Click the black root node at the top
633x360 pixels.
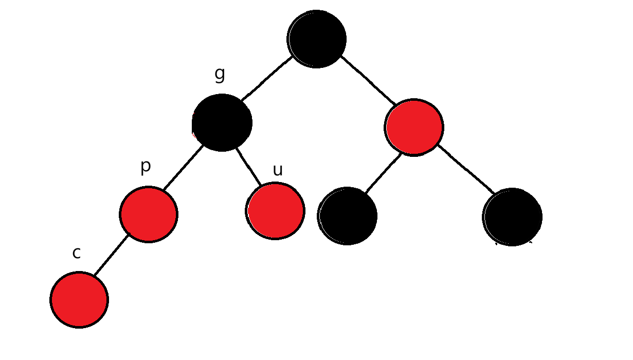click(317, 39)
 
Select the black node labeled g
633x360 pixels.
click(222, 122)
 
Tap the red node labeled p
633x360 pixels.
click(149, 214)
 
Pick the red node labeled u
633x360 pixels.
click(276, 211)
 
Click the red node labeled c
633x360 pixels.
click(79, 299)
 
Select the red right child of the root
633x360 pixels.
click(414, 127)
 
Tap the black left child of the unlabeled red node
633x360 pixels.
click(348, 215)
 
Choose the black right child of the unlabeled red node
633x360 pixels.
click(512, 217)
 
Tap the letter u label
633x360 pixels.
click(278, 170)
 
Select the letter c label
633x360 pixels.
click(77, 253)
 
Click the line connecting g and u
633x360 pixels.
click(248, 167)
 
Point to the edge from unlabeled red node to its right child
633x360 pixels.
click(466, 170)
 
